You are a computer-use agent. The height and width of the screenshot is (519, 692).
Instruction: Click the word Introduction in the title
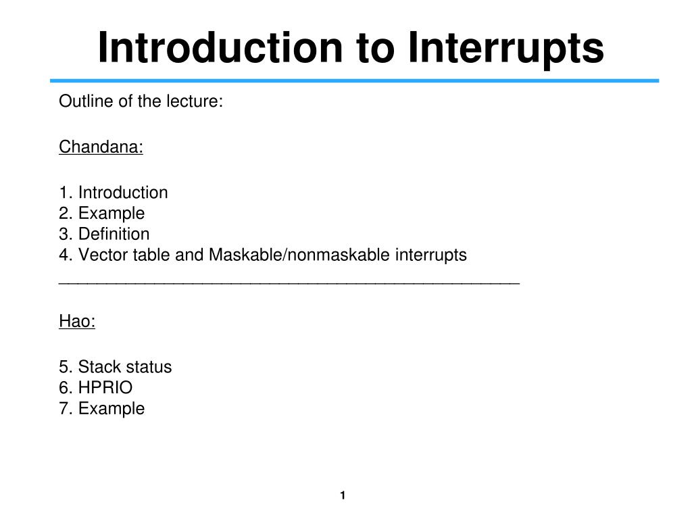click(220, 47)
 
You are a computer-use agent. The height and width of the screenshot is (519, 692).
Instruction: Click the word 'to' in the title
click(375, 49)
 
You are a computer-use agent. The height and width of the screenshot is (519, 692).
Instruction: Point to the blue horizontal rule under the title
click(354, 81)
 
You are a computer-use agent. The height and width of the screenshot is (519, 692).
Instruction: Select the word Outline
click(86, 101)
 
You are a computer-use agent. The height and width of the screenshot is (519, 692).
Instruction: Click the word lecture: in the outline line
click(195, 101)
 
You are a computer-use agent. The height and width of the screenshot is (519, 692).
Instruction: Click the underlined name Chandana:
click(101, 147)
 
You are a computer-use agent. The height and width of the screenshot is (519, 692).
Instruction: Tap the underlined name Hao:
click(77, 321)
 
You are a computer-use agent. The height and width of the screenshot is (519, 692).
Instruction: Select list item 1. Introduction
click(114, 193)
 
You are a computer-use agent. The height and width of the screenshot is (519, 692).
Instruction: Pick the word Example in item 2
click(112, 214)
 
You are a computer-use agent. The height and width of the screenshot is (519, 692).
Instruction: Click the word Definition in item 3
click(114, 234)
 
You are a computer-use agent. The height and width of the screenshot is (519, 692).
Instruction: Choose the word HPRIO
click(105, 387)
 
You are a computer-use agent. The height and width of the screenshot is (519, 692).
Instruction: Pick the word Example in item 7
click(112, 409)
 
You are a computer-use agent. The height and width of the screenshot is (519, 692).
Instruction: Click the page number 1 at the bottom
click(343, 495)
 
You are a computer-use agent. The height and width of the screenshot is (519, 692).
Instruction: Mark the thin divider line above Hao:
click(289, 283)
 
